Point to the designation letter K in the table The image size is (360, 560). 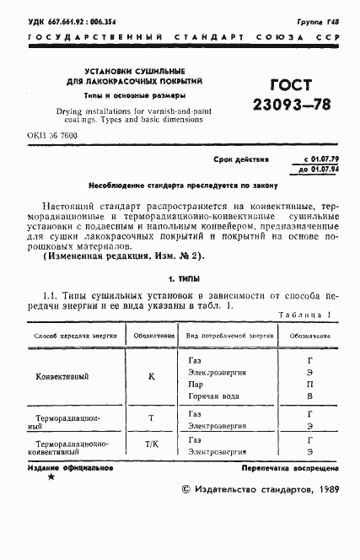click(151, 376)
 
